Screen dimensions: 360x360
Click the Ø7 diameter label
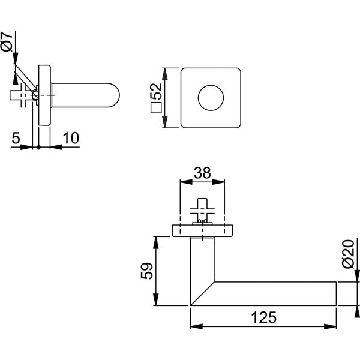(7, 41)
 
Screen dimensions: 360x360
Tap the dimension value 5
(16, 138)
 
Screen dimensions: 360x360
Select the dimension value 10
(71, 138)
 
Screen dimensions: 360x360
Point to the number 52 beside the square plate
(157, 91)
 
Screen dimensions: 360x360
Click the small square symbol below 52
(157, 107)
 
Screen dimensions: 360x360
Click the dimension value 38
(202, 173)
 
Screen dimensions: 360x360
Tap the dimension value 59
(147, 271)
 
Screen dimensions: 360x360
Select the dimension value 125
(264, 317)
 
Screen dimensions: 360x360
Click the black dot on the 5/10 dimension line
(39, 147)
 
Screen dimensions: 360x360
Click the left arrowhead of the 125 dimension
(197, 326)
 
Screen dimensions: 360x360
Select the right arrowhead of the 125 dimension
(330, 326)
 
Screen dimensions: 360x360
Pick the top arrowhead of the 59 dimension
(156, 242)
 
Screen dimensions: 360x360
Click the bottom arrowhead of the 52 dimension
(165, 122)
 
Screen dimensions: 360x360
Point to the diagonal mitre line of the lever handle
(203, 293)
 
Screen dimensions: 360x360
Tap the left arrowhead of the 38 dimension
(186, 182)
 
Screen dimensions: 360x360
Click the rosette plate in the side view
(44, 95)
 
